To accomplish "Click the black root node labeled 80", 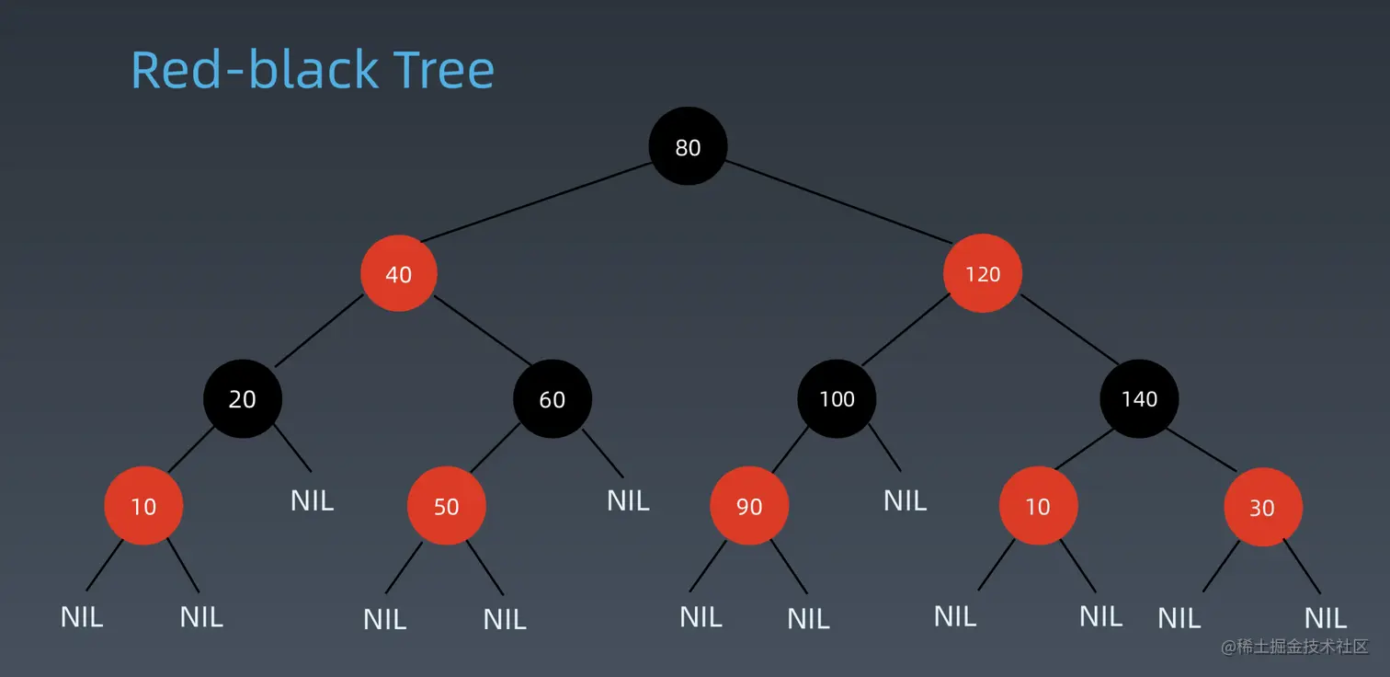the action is pyautogui.click(x=688, y=146).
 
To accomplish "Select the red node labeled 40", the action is pyautogui.click(x=398, y=273).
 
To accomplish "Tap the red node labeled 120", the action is pyautogui.click(x=983, y=273).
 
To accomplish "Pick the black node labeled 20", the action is pyautogui.click(x=243, y=398).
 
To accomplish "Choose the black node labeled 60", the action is pyautogui.click(x=553, y=398).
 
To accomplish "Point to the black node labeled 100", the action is pyautogui.click(x=837, y=398).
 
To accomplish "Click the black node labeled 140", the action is pyautogui.click(x=1139, y=398).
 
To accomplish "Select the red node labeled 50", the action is pyautogui.click(x=446, y=506).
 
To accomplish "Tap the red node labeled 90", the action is pyautogui.click(x=749, y=506).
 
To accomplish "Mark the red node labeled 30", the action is pyautogui.click(x=1263, y=508).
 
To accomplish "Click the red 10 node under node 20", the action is pyautogui.click(x=143, y=506).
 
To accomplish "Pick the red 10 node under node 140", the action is pyautogui.click(x=1038, y=506).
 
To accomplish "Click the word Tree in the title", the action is pyautogui.click(x=444, y=70).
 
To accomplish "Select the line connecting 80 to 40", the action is pyautogui.click(x=536, y=201).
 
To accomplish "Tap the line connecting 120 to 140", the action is pyautogui.click(x=1070, y=330).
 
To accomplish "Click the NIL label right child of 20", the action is pyautogui.click(x=313, y=500).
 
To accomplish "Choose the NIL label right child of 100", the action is pyautogui.click(x=905, y=500).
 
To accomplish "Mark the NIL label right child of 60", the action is pyautogui.click(x=628, y=500).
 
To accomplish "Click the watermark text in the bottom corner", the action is pyautogui.click(x=1294, y=647).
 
